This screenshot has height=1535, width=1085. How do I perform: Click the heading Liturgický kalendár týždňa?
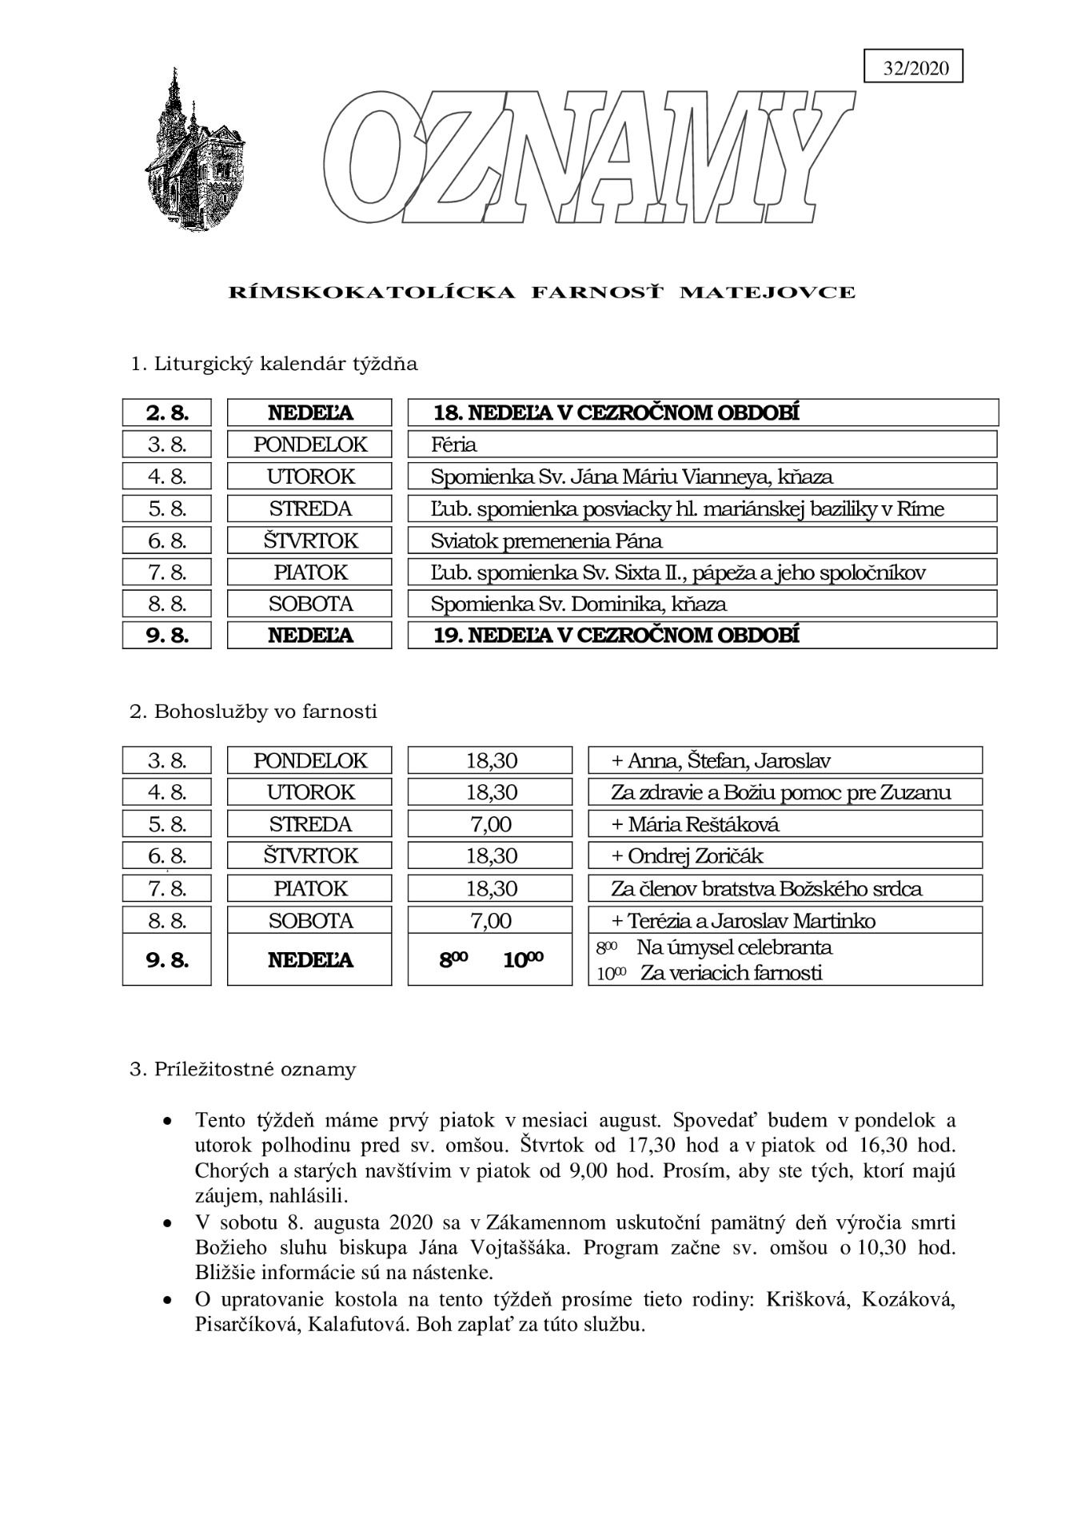tap(273, 365)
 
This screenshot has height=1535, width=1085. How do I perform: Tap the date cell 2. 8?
tap(166, 413)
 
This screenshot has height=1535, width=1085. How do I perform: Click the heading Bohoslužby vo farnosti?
tap(253, 712)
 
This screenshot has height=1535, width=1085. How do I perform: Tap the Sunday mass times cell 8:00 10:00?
tap(490, 959)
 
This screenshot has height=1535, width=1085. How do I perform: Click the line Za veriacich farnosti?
tap(731, 973)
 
